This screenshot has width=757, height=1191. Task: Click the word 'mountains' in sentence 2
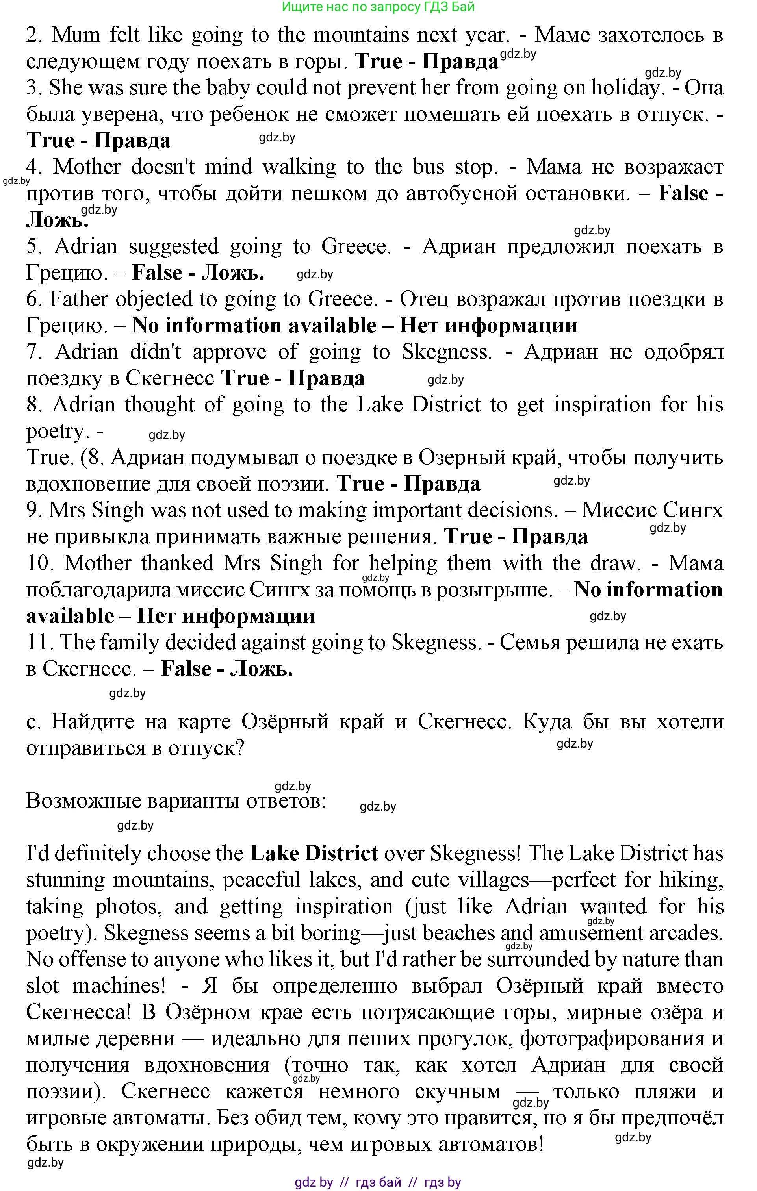[x=361, y=35]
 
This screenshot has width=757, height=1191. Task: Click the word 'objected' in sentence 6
[x=167, y=299]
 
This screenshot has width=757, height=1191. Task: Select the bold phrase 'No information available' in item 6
[x=254, y=326]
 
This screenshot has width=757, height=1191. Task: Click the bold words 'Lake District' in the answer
[x=314, y=854]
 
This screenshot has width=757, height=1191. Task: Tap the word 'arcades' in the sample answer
[x=685, y=933]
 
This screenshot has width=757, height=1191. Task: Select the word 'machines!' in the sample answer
[x=119, y=986]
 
